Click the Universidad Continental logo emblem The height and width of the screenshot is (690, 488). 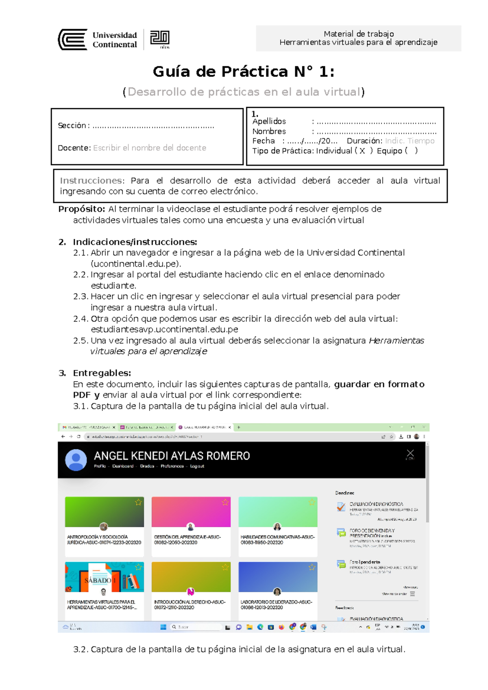point(73,39)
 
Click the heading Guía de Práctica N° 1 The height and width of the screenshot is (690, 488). point(244,72)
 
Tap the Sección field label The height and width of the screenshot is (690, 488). point(72,126)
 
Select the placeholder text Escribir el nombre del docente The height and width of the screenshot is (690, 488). point(150,148)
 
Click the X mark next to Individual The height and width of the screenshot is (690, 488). point(362,151)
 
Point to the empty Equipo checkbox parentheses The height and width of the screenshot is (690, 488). point(411,151)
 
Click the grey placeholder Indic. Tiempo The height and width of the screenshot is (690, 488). point(410,141)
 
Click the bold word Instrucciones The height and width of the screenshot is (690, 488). point(91,181)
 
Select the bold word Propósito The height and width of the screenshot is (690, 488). point(82,209)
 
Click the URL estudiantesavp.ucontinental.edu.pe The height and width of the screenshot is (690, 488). point(164,330)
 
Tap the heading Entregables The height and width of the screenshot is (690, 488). point(102,373)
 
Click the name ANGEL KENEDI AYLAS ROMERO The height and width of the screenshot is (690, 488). point(172,456)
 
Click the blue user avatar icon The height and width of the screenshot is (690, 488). point(76,460)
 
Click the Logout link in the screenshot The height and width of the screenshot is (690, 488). point(197,466)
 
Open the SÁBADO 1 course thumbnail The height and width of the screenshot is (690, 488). point(104,577)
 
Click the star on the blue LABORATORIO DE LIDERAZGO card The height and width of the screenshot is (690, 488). point(312,567)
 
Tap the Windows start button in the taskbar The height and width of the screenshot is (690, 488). point(163,627)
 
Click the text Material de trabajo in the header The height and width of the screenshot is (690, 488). point(358,34)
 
